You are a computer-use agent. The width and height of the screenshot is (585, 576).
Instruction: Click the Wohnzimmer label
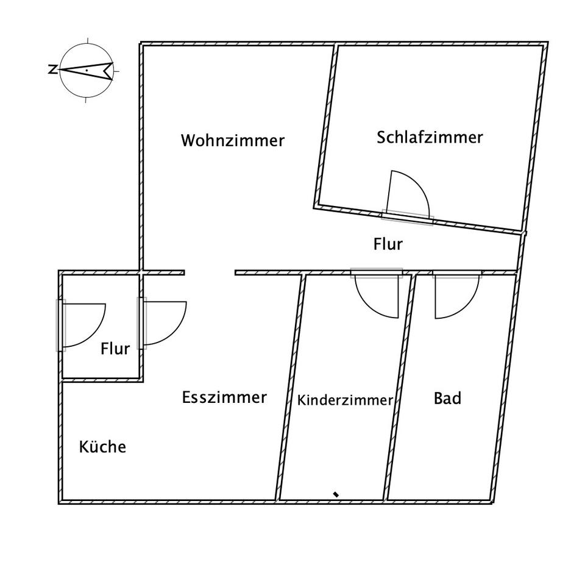pyautogui.click(x=233, y=141)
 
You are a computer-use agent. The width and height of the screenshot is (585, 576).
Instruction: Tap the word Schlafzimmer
pyautogui.click(x=430, y=137)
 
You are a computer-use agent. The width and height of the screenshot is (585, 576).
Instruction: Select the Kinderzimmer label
pyautogui.click(x=344, y=400)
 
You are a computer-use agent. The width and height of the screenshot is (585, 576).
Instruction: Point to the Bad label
pyautogui.click(x=447, y=399)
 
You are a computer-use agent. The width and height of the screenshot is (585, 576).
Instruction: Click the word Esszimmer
pyautogui.click(x=224, y=397)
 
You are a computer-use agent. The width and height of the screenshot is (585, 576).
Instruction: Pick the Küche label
pyautogui.click(x=102, y=447)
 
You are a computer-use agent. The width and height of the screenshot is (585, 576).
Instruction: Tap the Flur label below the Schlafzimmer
pyautogui.click(x=388, y=244)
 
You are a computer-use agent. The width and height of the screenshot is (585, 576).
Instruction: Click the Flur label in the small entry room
pyautogui.click(x=115, y=349)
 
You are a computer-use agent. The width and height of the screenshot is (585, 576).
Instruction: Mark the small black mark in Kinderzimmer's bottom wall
pyautogui.click(x=336, y=494)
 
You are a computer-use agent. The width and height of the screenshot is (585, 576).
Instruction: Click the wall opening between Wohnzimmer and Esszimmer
pyautogui.click(x=210, y=272)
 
